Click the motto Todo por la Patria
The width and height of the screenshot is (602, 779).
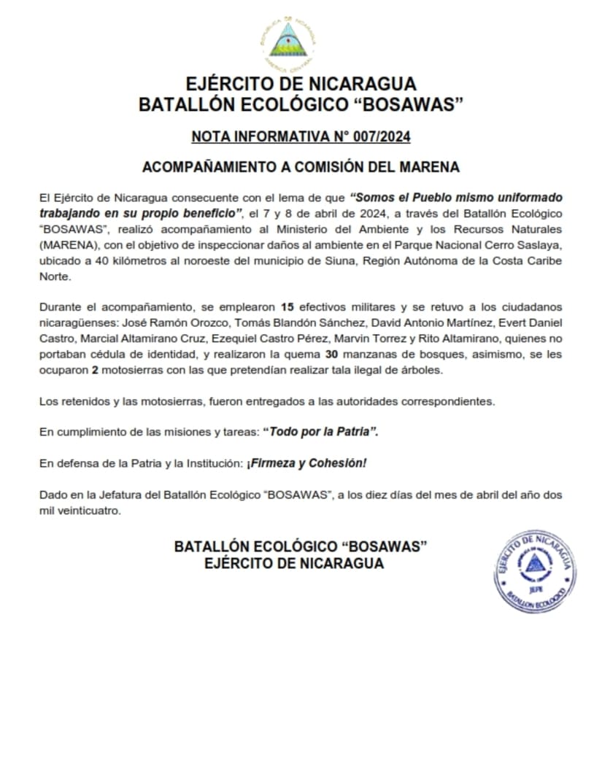click(x=323, y=432)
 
